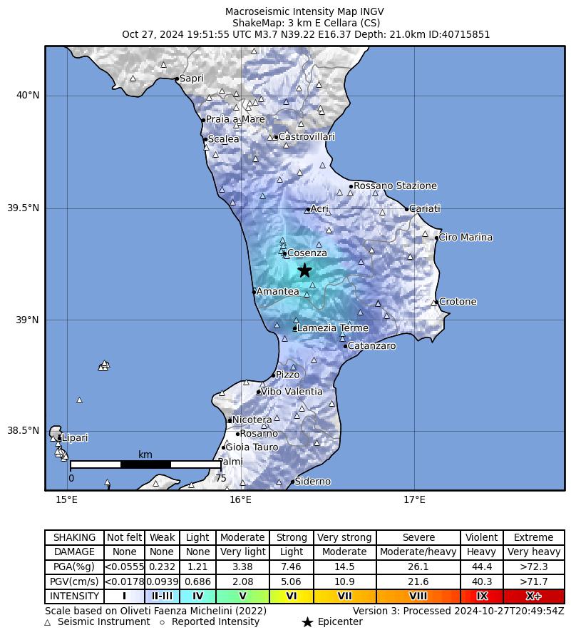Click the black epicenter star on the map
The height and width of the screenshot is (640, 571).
tap(304, 270)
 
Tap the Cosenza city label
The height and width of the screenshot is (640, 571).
tap(307, 253)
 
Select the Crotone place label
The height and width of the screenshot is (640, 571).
tap(458, 302)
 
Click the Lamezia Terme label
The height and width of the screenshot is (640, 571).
tap(332, 328)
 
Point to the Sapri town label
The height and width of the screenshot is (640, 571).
tap(191, 78)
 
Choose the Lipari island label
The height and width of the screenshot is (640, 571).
tap(74, 437)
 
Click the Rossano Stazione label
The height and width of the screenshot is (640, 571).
tap(395, 186)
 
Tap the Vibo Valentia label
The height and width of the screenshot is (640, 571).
tap(292, 392)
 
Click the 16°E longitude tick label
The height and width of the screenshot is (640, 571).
tap(241, 499)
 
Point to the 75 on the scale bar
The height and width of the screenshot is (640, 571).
tap(221, 478)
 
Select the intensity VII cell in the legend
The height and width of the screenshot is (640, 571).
tap(344, 596)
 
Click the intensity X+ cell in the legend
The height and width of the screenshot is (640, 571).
tap(533, 596)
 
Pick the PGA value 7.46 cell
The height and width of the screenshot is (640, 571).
tap(291, 567)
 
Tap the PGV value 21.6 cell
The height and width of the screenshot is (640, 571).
tap(418, 581)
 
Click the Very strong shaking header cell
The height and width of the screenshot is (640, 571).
tap(344, 537)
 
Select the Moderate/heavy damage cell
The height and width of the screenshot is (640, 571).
tap(418, 552)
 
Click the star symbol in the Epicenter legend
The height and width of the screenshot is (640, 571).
tap(307, 622)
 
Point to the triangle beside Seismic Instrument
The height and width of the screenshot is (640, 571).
tap(48, 622)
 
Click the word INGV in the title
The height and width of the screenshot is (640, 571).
tap(371, 11)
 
